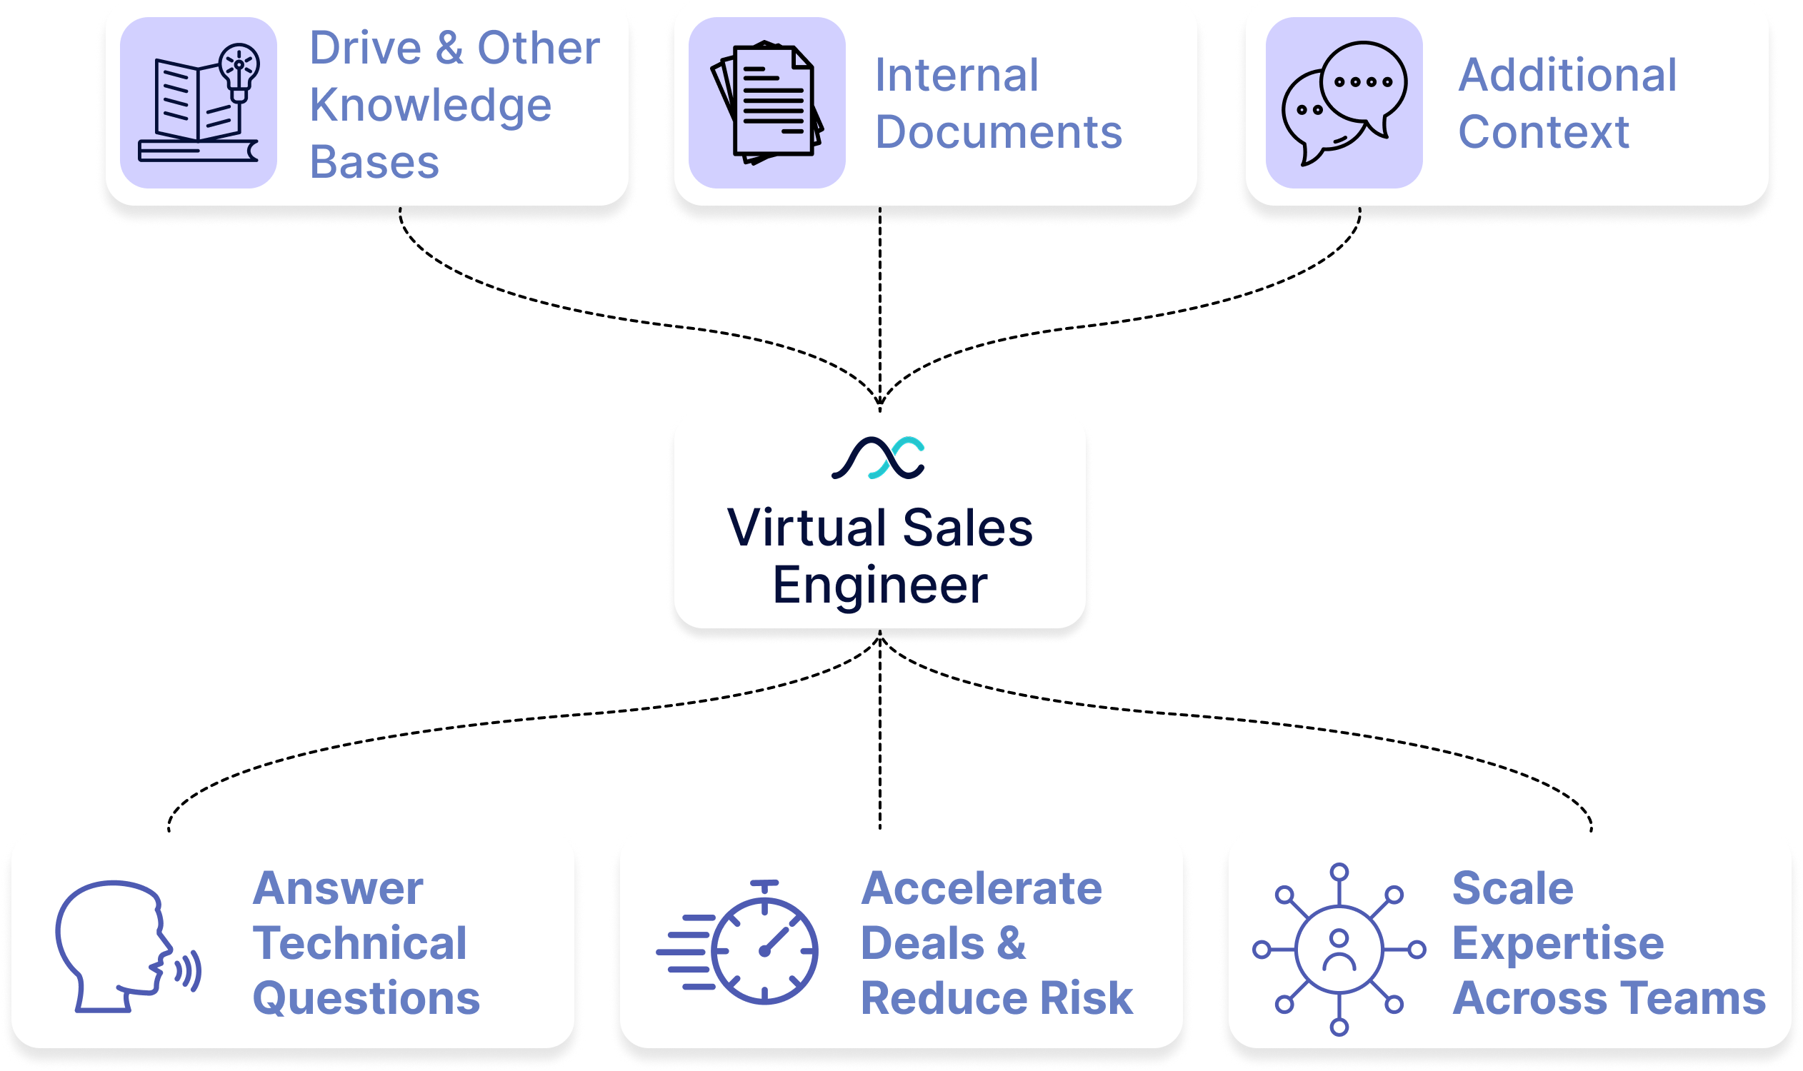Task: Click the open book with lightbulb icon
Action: [x=199, y=104]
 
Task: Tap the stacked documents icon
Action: [x=767, y=104]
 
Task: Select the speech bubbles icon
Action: [x=1344, y=104]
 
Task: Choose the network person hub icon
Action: [x=1339, y=949]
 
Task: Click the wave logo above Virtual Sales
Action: [x=878, y=458]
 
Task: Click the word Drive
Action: [x=365, y=49]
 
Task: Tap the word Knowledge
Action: [x=430, y=106]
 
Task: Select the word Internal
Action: [x=956, y=75]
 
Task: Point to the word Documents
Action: [x=999, y=132]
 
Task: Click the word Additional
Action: [x=1567, y=75]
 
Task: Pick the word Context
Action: [x=1543, y=132]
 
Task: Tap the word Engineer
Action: [x=879, y=585]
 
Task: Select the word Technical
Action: [x=359, y=943]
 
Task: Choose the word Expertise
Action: [x=1557, y=943]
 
